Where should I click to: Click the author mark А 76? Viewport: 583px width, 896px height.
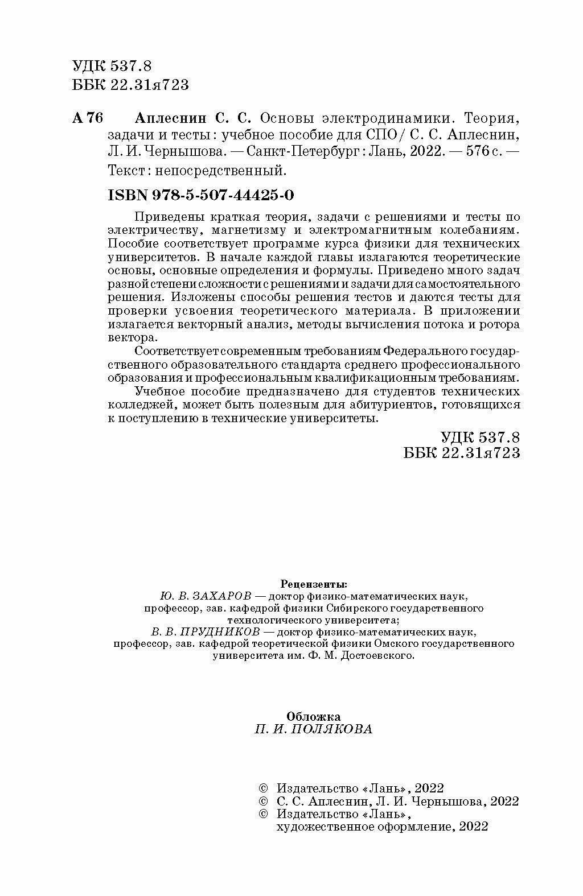(88, 119)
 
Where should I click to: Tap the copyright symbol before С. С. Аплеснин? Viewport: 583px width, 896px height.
(263, 802)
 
